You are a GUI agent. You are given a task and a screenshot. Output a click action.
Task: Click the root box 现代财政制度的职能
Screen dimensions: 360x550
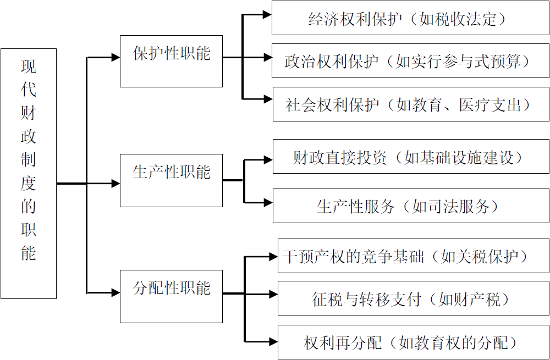pos(29,173)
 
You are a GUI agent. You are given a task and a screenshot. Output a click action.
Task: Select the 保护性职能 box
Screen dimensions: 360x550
pos(171,61)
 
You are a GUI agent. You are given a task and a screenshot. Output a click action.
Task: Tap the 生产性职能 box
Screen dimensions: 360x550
pos(171,180)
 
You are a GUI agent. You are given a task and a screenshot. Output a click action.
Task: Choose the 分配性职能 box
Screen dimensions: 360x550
pos(171,296)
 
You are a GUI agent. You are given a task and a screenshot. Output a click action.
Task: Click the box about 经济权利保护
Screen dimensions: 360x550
pos(410,19)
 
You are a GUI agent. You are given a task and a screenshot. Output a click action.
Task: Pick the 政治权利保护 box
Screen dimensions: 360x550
pos(410,62)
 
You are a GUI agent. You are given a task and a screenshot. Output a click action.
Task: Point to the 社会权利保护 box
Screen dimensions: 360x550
pos(410,104)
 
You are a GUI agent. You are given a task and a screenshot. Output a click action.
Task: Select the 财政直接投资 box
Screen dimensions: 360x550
pos(410,158)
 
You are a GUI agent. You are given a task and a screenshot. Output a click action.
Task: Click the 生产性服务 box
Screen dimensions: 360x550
pos(410,206)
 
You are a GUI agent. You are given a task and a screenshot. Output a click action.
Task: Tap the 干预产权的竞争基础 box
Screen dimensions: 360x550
pos(413,256)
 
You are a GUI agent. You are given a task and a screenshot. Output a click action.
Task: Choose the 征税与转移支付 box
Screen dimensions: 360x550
pos(413,298)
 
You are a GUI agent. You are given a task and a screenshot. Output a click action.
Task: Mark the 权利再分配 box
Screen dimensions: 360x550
pos(413,342)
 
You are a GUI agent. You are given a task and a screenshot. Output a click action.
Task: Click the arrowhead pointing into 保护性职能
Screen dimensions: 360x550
pos(116,57)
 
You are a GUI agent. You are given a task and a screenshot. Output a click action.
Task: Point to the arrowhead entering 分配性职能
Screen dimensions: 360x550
pos(116,293)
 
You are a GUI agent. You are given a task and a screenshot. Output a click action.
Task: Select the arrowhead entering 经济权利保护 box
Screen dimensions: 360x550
pos(267,15)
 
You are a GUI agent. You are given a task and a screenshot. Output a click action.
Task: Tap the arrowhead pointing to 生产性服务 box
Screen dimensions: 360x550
pos(268,203)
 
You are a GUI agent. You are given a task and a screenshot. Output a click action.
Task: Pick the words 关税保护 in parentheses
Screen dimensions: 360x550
pos(487,257)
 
